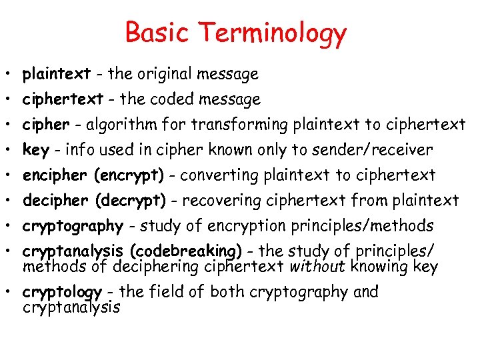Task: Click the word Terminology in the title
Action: pyautogui.click(x=273, y=33)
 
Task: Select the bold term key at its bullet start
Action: pyautogui.click(x=35, y=150)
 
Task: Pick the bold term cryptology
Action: pyautogui.click(x=61, y=292)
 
